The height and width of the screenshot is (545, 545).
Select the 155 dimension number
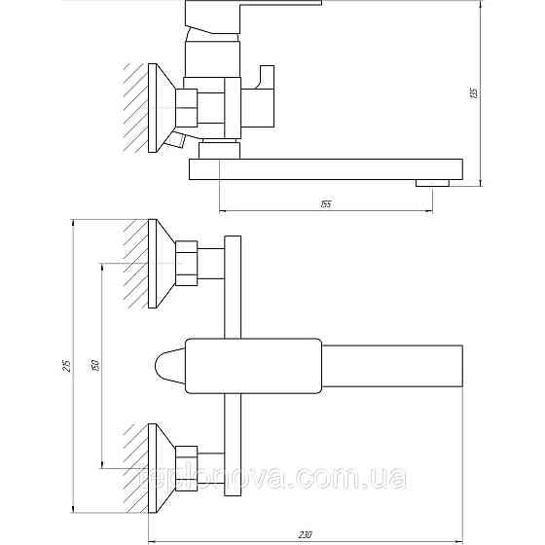pos(325,202)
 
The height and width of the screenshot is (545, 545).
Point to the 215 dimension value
pos(65,367)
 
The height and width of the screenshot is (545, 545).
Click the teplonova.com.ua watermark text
pos(272,478)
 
